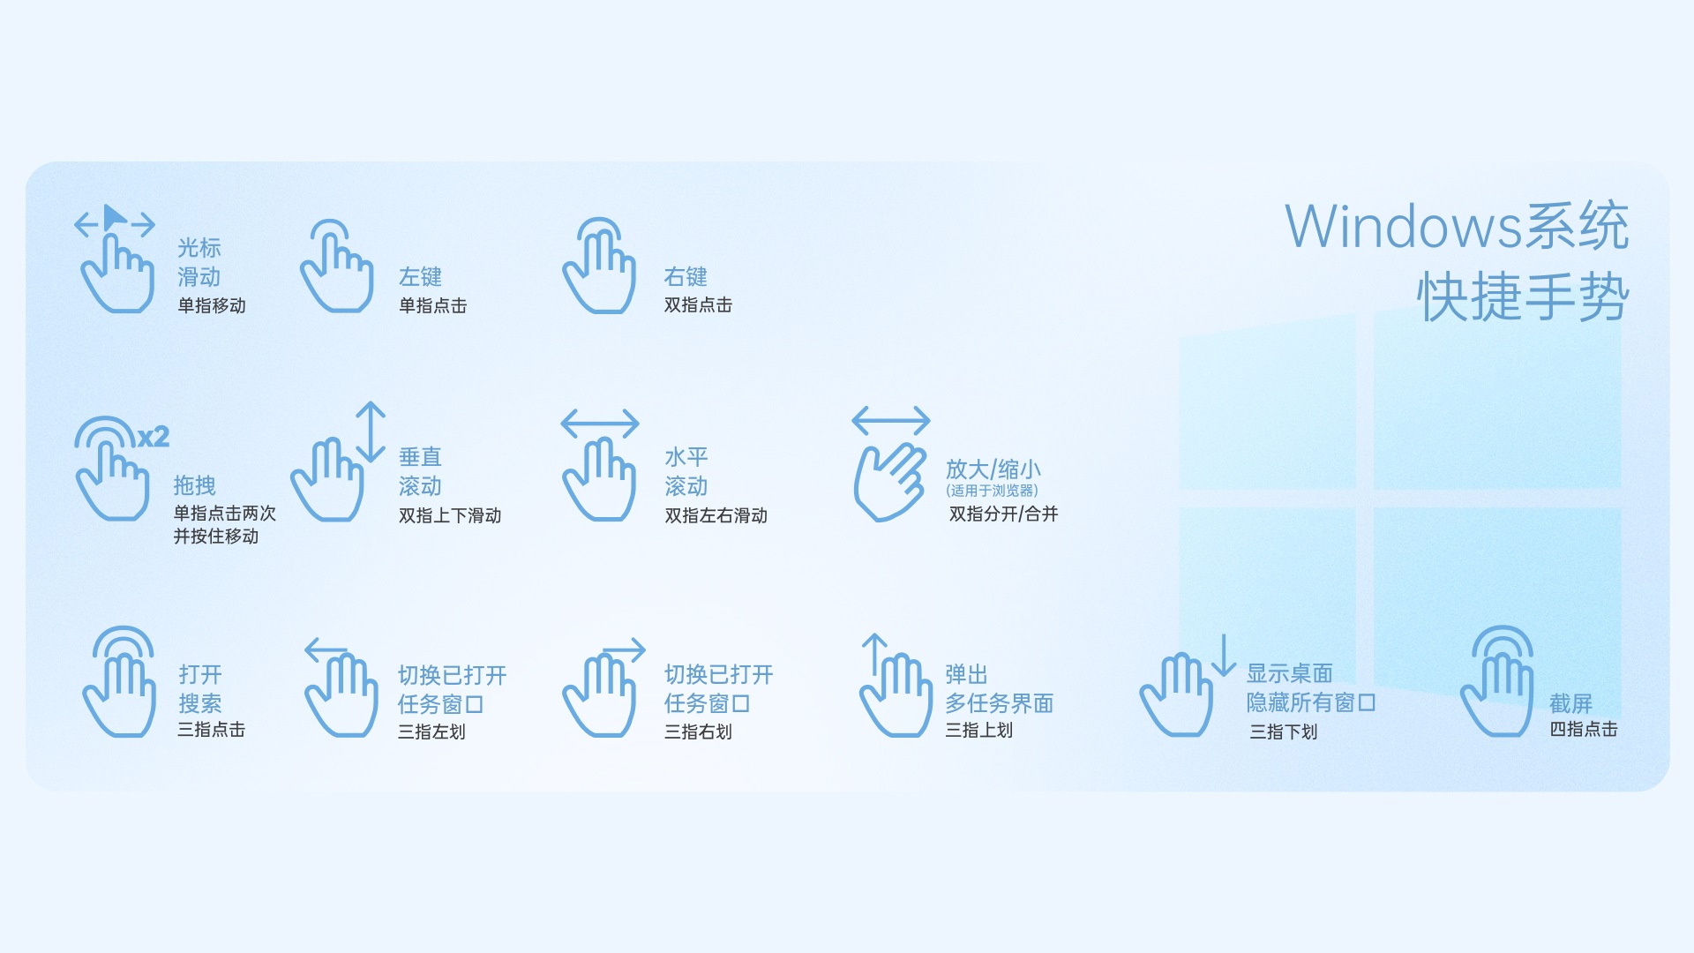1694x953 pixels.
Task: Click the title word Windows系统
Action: tap(1457, 227)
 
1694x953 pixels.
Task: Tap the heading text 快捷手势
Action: tap(1524, 296)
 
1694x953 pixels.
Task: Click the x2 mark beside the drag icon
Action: tap(154, 437)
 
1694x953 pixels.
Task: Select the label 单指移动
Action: tap(212, 305)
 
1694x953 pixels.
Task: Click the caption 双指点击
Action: tap(698, 304)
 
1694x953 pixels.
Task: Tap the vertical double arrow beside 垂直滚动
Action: tap(371, 432)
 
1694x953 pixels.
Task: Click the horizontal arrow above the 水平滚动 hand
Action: tap(600, 424)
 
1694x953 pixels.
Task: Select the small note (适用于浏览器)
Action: tap(992, 491)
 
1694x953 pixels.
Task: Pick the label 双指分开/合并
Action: tap(1003, 514)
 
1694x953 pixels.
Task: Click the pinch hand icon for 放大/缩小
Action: tap(889, 483)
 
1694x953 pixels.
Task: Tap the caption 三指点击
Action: tap(212, 730)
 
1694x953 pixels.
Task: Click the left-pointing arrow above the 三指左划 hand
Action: tap(326, 651)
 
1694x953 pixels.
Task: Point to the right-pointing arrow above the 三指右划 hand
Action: tap(625, 651)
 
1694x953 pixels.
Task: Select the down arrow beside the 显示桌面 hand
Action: tap(1224, 656)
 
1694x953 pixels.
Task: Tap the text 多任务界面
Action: tap(1000, 703)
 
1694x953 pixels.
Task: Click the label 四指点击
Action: tap(1584, 729)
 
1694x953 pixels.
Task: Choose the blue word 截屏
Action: tap(1571, 703)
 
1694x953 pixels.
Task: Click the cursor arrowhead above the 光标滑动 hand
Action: tap(115, 216)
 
